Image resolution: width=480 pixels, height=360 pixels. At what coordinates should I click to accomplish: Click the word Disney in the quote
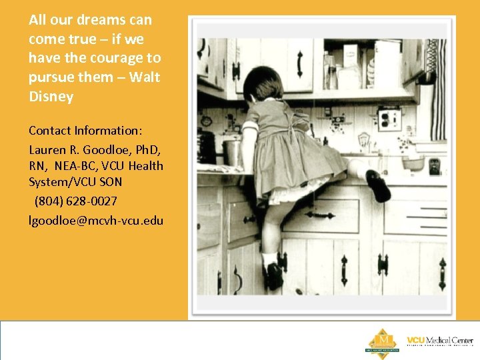tap(51, 97)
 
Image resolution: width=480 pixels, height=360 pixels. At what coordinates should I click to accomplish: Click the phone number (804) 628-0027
tap(76, 201)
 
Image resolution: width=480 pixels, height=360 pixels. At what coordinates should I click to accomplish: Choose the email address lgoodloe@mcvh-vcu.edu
tap(96, 220)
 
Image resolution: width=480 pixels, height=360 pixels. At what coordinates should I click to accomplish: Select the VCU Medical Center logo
tap(439, 341)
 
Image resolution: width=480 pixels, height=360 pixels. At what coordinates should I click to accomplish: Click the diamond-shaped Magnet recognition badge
tap(382, 341)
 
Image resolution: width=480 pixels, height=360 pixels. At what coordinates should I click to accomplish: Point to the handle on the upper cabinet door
tap(299, 63)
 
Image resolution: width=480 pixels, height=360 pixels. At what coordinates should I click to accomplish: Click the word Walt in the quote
tap(145, 77)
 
